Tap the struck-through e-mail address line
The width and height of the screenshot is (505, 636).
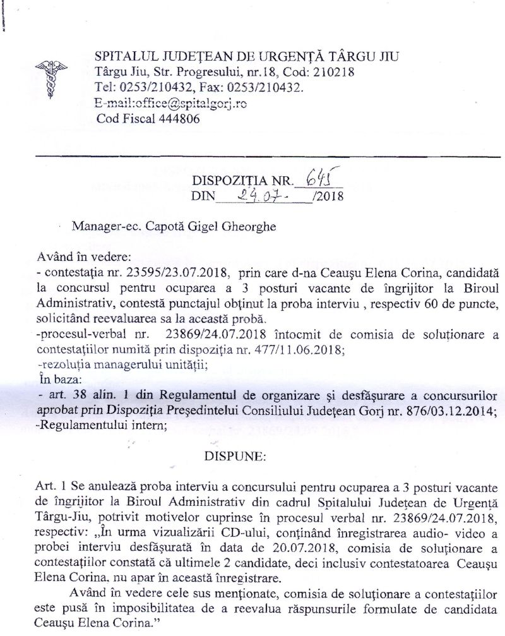click(170, 103)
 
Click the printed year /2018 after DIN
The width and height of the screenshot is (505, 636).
click(328, 197)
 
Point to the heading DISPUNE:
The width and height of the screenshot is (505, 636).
click(231, 455)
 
